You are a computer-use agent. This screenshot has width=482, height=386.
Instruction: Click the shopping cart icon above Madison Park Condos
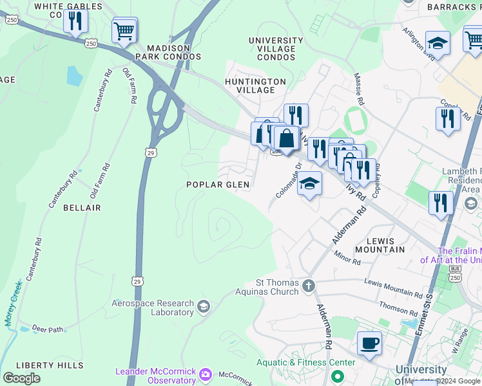click(124, 30)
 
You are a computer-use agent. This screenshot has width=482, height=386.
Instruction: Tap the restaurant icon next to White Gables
click(75, 21)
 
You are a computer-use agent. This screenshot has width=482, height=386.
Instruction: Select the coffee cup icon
click(369, 343)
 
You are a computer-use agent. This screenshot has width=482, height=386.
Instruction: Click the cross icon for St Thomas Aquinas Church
click(309, 285)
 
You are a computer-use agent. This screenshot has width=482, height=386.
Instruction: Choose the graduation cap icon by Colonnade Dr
click(309, 184)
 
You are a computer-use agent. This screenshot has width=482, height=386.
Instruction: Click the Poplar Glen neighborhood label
click(217, 185)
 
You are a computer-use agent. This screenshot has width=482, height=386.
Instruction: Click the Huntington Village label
click(255, 86)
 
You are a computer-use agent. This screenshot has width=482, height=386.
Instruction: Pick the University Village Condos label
click(276, 49)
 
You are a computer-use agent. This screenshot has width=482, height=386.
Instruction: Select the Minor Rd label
click(347, 258)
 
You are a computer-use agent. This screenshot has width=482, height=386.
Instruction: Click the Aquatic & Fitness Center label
click(305, 362)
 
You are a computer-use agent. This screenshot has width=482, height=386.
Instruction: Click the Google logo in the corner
click(21, 378)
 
